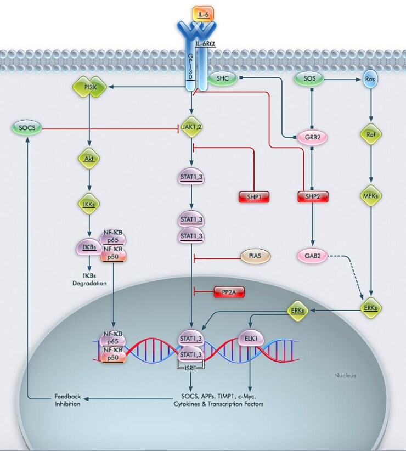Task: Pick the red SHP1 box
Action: point(254,196)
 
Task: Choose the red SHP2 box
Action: point(312,196)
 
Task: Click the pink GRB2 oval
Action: point(312,138)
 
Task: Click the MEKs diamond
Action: point(371,196)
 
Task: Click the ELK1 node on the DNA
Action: point(251,339)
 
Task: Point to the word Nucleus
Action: point(345,376)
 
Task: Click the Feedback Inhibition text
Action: point(67,400)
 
